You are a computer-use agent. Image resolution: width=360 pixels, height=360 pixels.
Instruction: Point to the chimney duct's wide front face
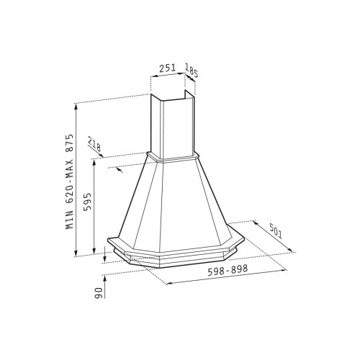coord(163,126)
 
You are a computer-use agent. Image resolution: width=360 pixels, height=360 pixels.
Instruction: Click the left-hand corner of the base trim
coord(115,248)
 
